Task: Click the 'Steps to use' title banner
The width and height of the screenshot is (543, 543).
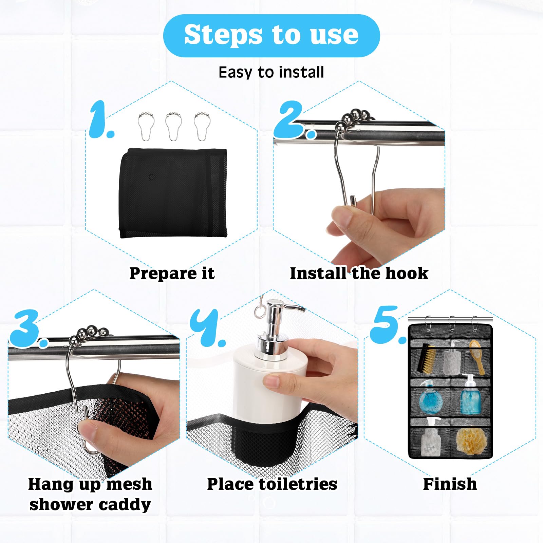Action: [271, 36]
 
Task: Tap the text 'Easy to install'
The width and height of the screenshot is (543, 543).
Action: [271, 72]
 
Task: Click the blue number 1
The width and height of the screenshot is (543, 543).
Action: [101, 119]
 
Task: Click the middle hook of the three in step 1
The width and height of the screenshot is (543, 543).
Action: [173, 126]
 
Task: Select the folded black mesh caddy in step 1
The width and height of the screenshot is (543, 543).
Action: [173, 193]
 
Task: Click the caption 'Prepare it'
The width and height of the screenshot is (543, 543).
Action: [172, 273]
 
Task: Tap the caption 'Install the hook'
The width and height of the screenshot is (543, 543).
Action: [359, 273]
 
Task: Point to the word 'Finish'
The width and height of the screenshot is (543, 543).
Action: [450, 484]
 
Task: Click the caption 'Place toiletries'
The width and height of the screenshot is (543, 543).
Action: [272, 484]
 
